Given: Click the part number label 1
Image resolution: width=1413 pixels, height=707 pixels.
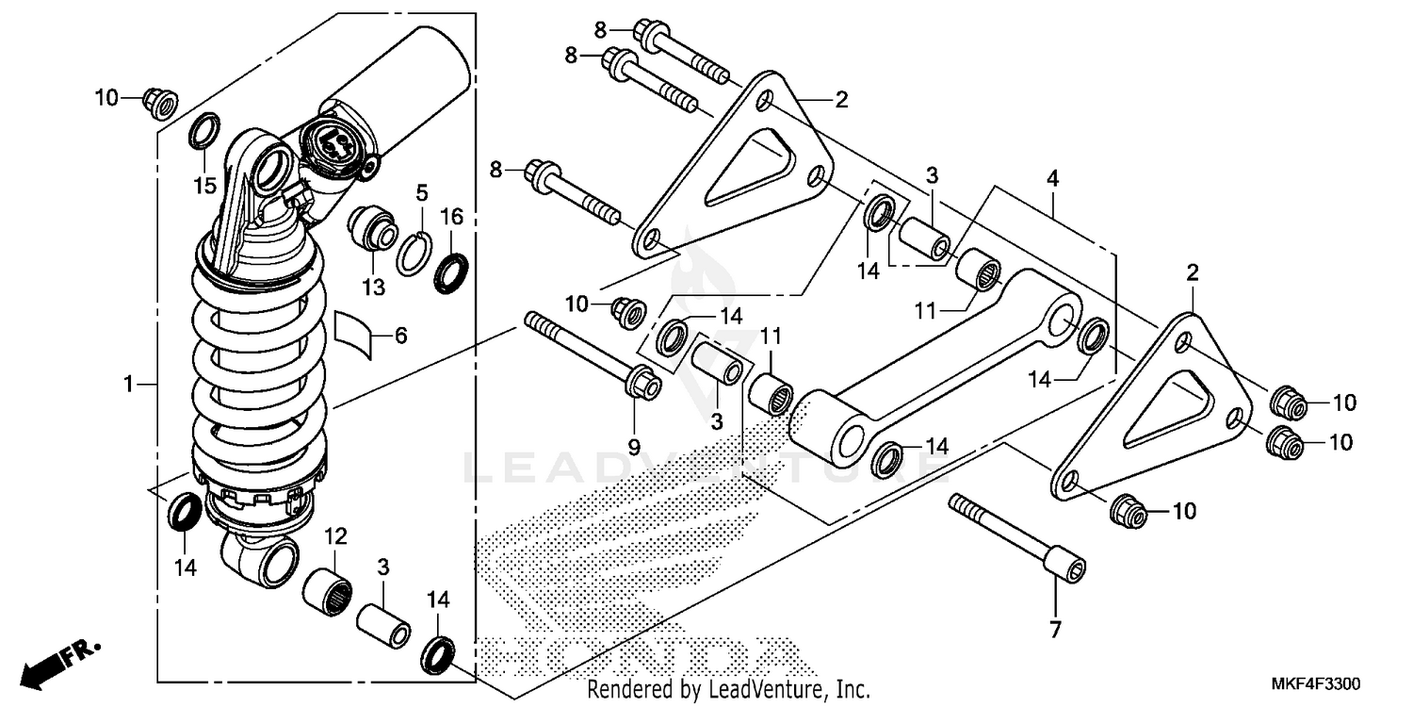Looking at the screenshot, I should point(129,384).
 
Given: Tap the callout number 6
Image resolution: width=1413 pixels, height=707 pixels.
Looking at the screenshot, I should point(400,336).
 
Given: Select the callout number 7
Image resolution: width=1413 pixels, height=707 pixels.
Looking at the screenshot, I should point(1055,629).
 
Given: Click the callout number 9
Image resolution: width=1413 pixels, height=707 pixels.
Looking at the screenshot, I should point(634,444).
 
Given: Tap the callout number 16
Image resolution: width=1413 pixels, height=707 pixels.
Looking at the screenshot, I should point(452,217).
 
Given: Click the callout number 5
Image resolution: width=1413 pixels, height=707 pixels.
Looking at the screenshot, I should point(422,193).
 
